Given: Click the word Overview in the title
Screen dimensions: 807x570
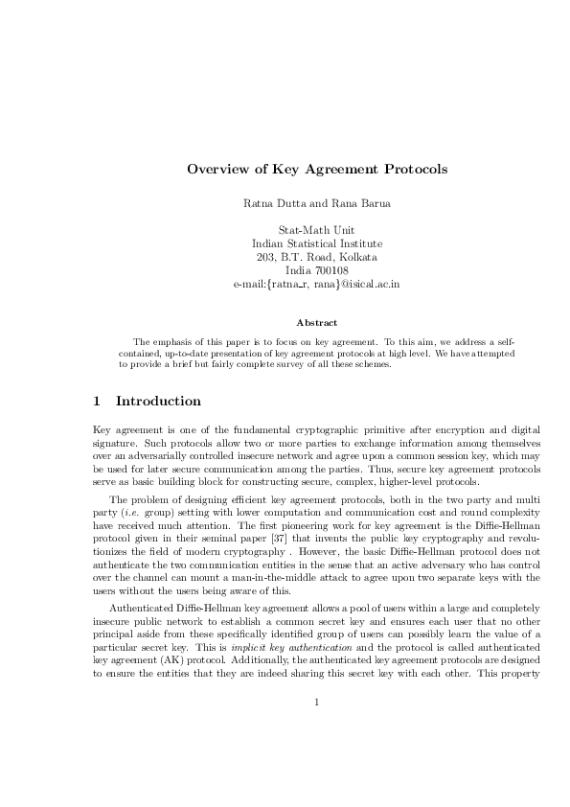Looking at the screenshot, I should (216, 170).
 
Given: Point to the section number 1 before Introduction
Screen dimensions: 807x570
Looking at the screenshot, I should (96, 402).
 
